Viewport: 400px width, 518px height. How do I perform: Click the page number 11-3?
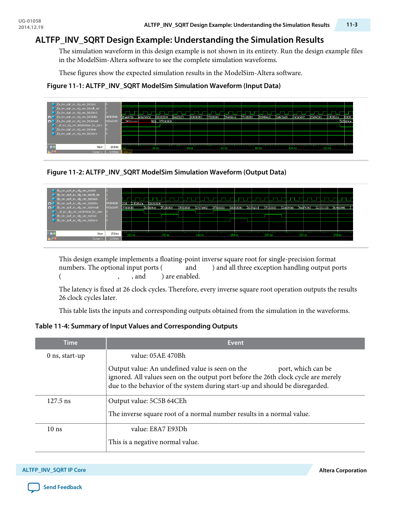pyautogui.click(x=352, y=25)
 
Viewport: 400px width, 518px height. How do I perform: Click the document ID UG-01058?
pyautogui.click(x=30, y=21)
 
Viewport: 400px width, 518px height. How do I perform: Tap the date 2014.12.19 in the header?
pyautogui.click(x=31, y=27)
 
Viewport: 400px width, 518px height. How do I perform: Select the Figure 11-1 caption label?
pyautogui.click(x=164, y=86)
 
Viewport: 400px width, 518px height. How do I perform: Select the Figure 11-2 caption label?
pyautogui.click(x=166, y=172)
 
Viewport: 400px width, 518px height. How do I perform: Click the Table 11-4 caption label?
pyautogui.click(x=136, y=326)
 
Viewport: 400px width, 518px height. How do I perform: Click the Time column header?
pyautogui.click(x=70, y=343)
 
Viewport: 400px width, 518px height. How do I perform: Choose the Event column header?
pyautogui.click(x=235, y=343)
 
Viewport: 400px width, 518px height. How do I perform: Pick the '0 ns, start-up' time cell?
pyautogui.click(x=66, y=356)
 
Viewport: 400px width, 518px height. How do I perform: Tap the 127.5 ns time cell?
pyautogui.click(x=59, y=401)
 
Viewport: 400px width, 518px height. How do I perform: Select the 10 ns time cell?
pyautogui.click(x=55, y=429)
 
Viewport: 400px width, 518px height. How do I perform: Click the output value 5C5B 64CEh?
pyautogui.click(x=168, y=401)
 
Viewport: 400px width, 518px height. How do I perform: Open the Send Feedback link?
pyautogui.click(x=62, y=487)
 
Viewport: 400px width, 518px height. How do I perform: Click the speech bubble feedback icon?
pyautogui.click(x=34, y=487)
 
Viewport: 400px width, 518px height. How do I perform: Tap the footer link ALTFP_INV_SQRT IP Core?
pyautogui.click(x=54, y=470)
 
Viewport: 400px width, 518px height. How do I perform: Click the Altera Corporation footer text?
pyautogui.click(x=343, y=471)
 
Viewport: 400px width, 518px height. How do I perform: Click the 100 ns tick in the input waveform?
pyautogui.click(x=293, y=148)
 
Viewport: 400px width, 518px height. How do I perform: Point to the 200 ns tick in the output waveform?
pyautogui.click(x=269, y=235)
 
